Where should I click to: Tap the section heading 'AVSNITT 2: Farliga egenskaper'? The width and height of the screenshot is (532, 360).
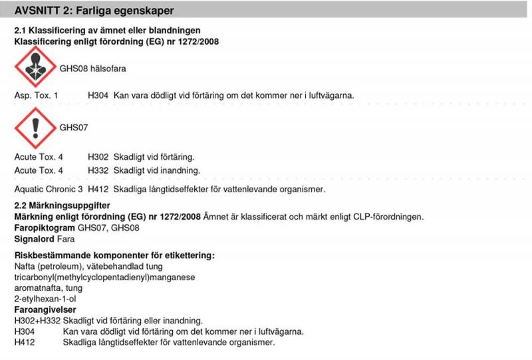[98, 11]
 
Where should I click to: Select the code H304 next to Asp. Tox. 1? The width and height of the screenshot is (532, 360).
[98, 96]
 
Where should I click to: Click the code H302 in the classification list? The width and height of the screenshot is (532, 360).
[98, 158]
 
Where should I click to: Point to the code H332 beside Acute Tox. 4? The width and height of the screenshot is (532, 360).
[98, 170]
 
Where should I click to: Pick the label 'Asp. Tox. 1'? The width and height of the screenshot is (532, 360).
[37, 96]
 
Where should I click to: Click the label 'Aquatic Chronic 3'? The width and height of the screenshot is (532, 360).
[48, 190]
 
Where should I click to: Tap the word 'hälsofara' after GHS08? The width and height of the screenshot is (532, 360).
[108, 69]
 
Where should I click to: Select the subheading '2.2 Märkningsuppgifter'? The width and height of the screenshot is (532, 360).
[62, 206]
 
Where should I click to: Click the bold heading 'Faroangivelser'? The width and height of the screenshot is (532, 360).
[45, 309]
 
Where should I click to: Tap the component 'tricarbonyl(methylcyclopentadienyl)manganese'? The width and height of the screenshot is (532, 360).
[104, 277]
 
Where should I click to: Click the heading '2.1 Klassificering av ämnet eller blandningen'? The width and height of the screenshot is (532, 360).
[107, 31]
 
